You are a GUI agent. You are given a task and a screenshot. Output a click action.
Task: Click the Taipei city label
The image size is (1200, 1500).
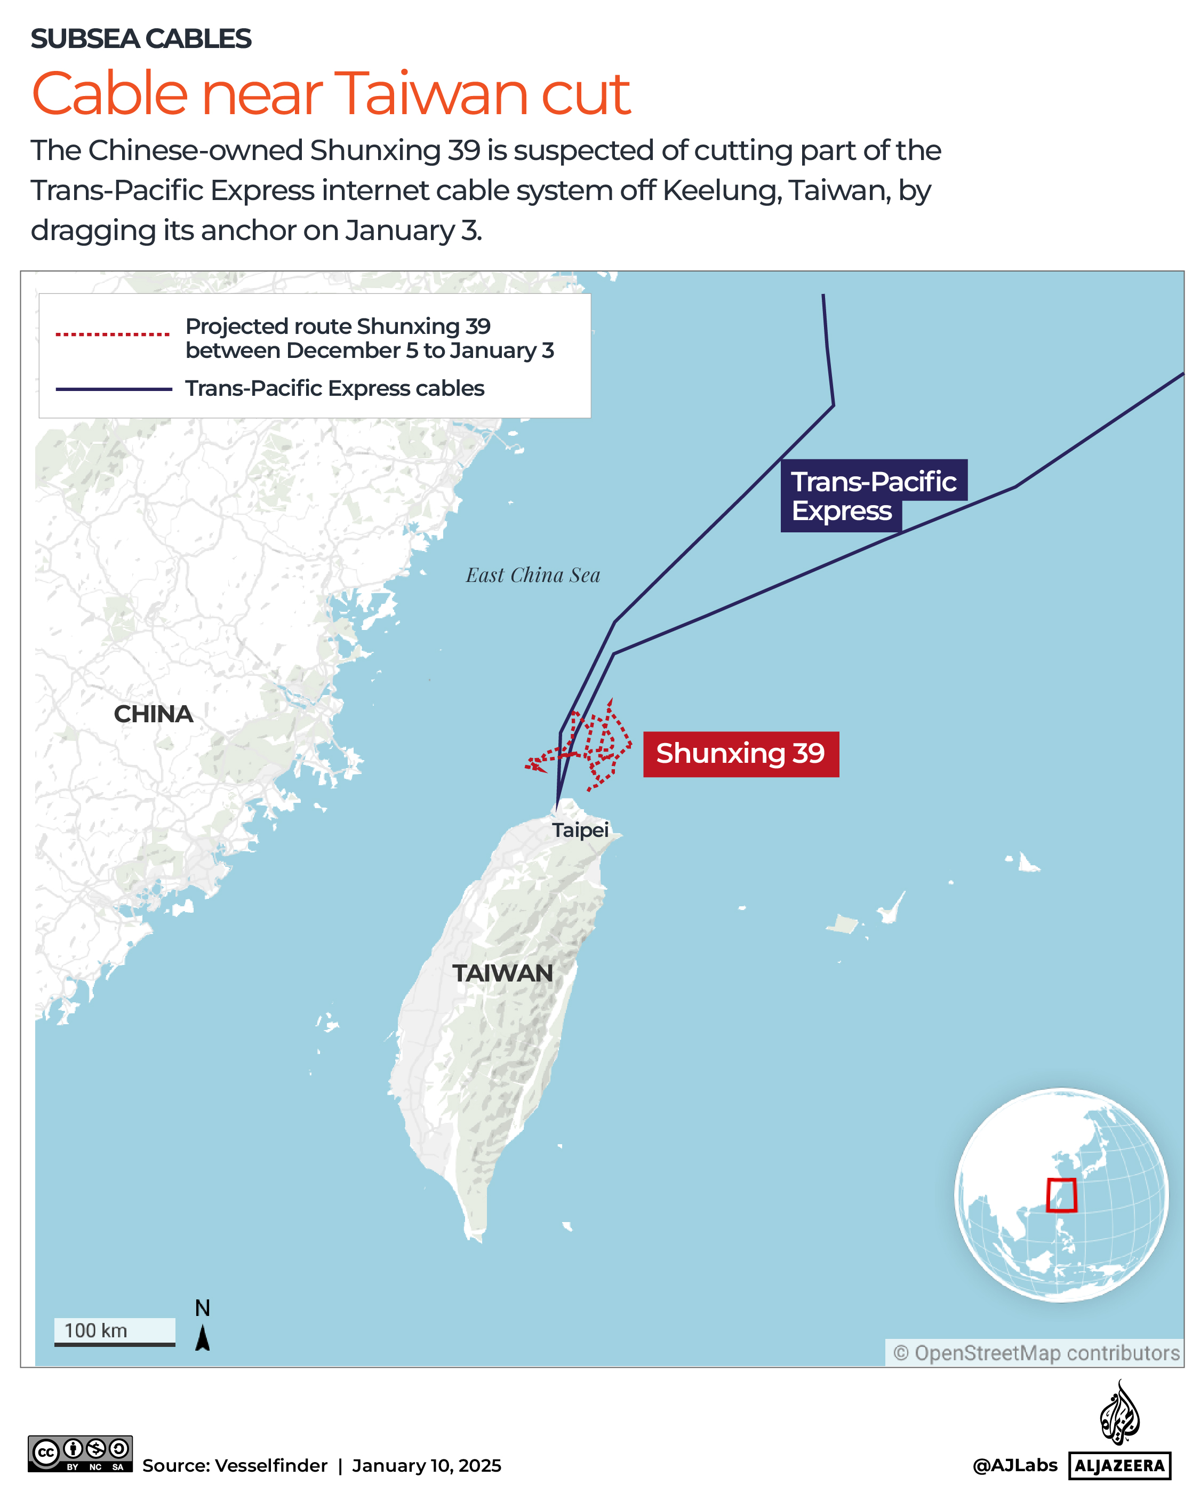click(580, 829)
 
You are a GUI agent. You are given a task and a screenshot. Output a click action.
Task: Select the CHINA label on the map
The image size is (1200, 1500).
click(153, 714)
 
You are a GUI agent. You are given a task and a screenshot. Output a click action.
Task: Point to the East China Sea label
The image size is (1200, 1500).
click(532, 576)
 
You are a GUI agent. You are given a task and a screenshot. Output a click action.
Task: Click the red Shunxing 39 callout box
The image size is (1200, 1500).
click(740, 754)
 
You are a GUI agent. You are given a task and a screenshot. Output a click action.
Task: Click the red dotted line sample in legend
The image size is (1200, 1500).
click(113, 334)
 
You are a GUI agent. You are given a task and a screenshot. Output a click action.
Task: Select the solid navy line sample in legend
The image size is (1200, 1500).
click(114, 389)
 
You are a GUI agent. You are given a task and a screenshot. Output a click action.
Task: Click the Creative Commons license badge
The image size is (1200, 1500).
click(80, 1454)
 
